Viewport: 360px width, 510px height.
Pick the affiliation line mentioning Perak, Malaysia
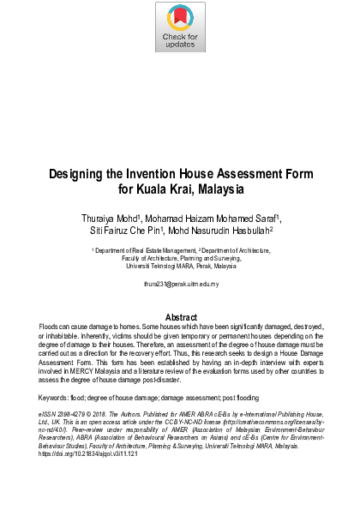tap(180, 267)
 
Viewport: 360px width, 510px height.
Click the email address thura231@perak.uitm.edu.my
tap(181, 283)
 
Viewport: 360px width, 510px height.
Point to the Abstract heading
tap(181, 318)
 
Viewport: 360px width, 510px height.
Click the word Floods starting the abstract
tap(51, 327)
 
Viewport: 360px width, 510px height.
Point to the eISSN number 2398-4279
tap(73, 413)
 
